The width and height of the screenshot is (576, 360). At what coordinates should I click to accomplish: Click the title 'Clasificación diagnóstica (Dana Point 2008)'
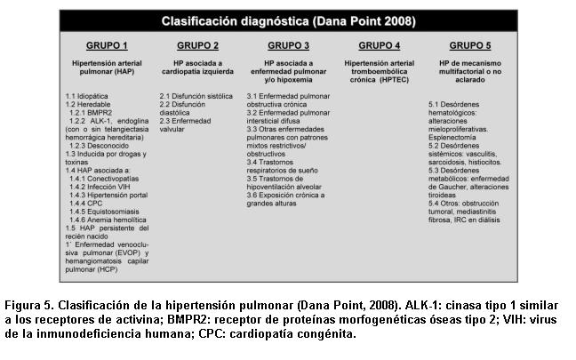(x=286, y=20)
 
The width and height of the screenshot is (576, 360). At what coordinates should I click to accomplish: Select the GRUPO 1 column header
(x=106, y=44)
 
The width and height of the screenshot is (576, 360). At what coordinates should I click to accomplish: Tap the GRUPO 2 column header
(x=197, y=44)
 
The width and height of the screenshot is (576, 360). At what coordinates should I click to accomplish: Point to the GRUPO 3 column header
(x=288, y=44)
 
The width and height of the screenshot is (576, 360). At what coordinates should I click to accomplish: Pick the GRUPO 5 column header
(x=470, y=44)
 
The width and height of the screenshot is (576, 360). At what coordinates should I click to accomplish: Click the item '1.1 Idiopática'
(x=87, y=95)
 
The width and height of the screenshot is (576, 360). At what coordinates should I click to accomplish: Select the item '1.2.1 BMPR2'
(x=94, y=112)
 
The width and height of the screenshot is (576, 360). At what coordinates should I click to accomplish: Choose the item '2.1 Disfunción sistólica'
(x=195, y=95)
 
